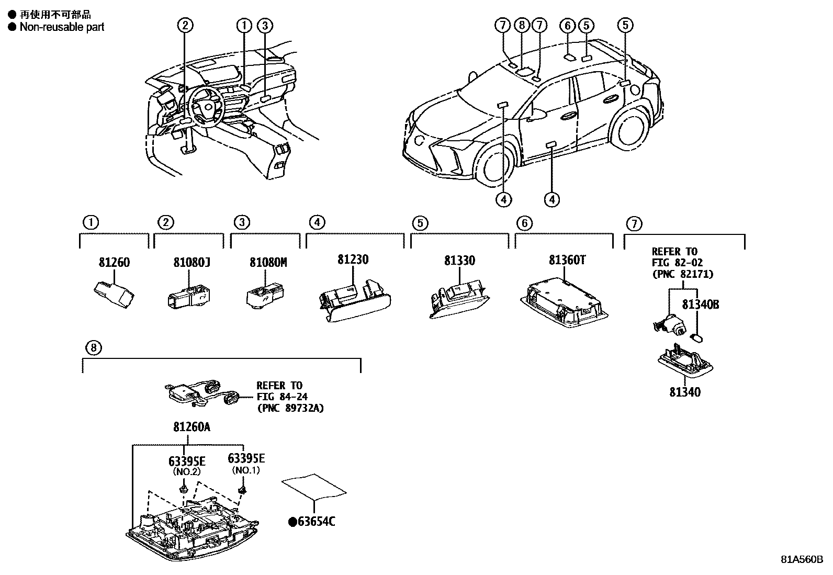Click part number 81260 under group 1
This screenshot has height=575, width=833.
pos(114,263)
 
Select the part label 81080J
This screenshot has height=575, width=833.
pos(192,263)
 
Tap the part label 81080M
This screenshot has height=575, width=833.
pos(268,263)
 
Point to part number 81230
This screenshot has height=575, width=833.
pos(353,260)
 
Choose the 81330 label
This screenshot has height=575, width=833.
pos(460,261)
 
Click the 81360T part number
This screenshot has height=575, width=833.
pos(567,260)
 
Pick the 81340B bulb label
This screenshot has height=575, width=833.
pos(700,305)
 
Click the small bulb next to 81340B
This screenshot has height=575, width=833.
pos(696,337)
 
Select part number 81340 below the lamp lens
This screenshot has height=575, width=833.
pos(685,391)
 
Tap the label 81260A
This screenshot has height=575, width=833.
pos(192,427)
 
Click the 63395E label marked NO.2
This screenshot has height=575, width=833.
pos(187,461)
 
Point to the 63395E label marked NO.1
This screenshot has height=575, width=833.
pos(246,459)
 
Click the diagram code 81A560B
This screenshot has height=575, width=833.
pos(802,559)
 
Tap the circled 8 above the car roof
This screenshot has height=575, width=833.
pos(521,25)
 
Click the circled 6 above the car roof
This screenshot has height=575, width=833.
pos(567,25)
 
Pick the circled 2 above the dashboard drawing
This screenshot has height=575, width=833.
pos(185,25)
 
